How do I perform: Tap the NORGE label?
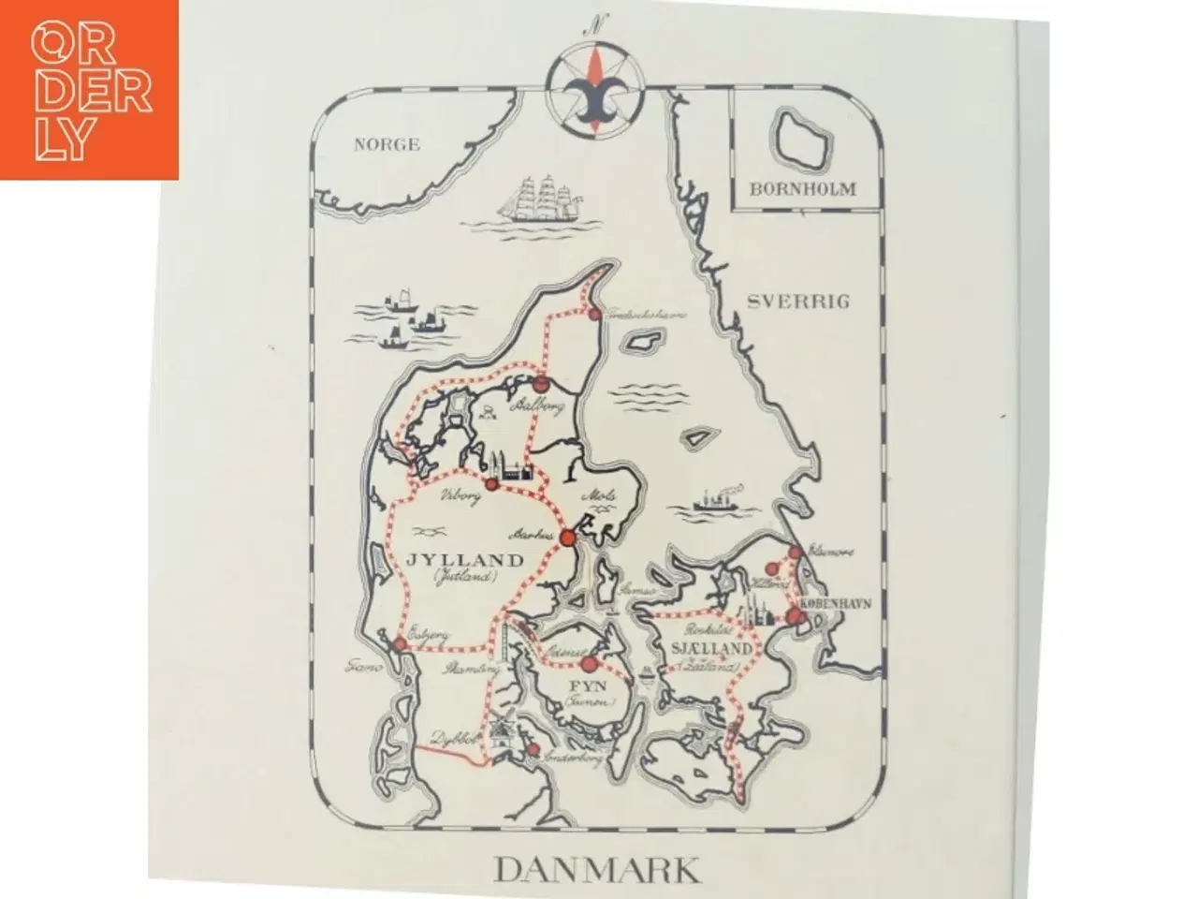click(387, 144)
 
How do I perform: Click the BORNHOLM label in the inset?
click(803, 188)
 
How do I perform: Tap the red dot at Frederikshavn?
click(592, 316)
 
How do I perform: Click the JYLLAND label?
click(465, 561)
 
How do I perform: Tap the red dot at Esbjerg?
click(399, 644)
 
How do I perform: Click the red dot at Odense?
click(589, 664)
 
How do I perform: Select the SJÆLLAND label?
click(710, 648)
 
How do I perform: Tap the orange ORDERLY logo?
click(90, 89)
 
